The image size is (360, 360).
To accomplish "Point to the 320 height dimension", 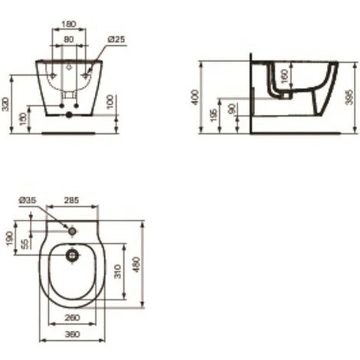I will pos(8,104).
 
